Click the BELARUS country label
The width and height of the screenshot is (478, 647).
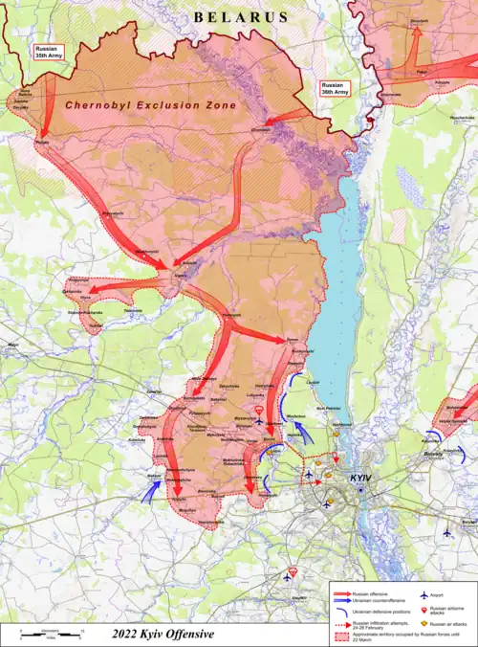(240, 17)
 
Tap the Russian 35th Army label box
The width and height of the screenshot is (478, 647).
(46, 52)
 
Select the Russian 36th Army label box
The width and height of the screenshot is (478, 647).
(335, 89)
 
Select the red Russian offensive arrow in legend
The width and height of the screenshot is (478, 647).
(341, 593)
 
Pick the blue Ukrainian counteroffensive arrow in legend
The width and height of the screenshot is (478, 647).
(341, 599)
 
